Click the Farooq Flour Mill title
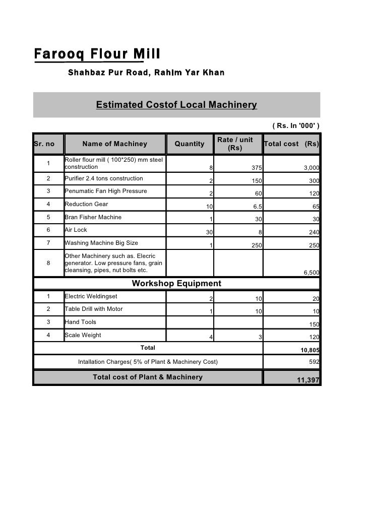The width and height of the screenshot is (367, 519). point(97,53)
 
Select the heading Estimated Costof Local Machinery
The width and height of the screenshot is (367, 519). point(176,105)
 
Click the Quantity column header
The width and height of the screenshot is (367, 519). point(189,144)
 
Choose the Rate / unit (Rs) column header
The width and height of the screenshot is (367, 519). point(235,144)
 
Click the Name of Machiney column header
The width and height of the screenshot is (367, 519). point(114,144)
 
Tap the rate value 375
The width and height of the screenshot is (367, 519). point(257,168)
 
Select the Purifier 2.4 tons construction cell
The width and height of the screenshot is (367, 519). point(104,178)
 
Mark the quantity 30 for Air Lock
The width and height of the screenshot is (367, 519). point(207,233)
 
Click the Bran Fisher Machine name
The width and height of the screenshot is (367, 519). point(93,217)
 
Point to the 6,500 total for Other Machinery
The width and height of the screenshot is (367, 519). point(311,273)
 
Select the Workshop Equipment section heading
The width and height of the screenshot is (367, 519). point(176,284)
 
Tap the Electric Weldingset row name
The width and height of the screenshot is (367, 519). point(91,296)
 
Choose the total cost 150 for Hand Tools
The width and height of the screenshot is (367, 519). point(314,325)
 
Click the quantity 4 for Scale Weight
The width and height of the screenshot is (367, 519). point(211,338)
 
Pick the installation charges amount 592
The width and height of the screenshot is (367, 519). point(314,362)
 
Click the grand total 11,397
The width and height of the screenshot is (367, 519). point(308,380)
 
